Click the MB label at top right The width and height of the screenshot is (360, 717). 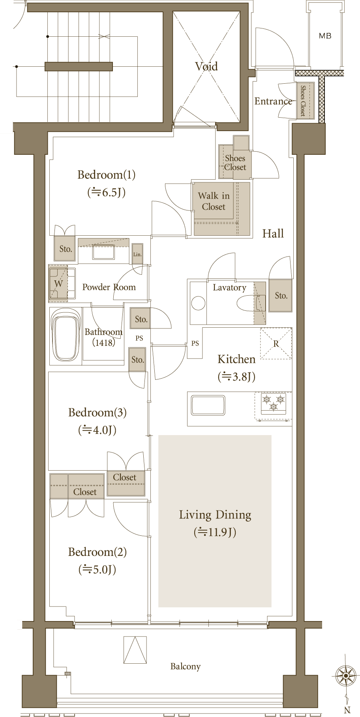pyautogui.click(x=325, y=36)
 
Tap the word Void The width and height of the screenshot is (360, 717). pyautogui.click(x=206, y=66)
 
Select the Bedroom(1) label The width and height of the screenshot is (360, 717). pyautogui.click(x=107, y=175)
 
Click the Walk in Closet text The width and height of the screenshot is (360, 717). pyautogui.click(x=214, y=201)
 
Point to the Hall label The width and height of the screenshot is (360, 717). pyautogui.click(x=273, y=233)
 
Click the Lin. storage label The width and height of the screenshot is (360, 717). pyautogui.click(x=137, y=254)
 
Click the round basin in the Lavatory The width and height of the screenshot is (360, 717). pyautogui.click(x=198, y=303)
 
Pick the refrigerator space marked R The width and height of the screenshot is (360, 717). pyautogui.click(x=276, y=343)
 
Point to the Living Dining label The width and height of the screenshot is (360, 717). pyautogui.click(x=215, y=515)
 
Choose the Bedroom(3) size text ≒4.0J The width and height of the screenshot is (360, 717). pyautogui.click(x=97, y=430)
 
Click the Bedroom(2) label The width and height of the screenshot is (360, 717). pyautogui.click(x=97, y=552)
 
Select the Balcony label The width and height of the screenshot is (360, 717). pyautogui.click(x=186, y=666)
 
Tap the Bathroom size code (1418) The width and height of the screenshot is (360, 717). pyautogui.click(x=103, y=342)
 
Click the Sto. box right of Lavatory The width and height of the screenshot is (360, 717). pyautogui.click(x=281, y=295)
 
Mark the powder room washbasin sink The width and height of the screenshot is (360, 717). pyautogui.click(x=103, y=252)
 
